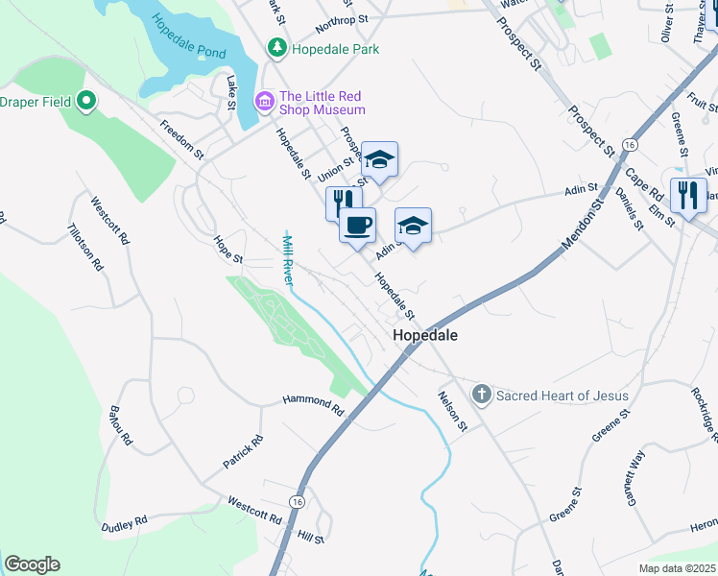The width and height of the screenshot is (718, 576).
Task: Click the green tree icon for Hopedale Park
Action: [277, 47]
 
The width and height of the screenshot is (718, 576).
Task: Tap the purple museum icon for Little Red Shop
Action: [264, 100]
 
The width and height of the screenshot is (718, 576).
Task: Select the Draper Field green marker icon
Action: [86, 101]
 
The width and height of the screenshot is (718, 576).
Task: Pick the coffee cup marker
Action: [358, 226]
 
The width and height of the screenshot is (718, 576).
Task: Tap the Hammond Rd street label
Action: [313, 404]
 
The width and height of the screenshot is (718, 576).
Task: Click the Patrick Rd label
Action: [244, 452]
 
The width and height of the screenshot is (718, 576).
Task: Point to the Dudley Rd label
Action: [125, 523]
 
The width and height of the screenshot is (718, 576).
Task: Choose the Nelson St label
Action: [451, 411]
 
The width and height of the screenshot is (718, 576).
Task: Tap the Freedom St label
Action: [182, 139]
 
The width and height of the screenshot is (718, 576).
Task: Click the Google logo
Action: [32, 564]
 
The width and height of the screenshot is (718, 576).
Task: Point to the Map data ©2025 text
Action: [678, 568]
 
